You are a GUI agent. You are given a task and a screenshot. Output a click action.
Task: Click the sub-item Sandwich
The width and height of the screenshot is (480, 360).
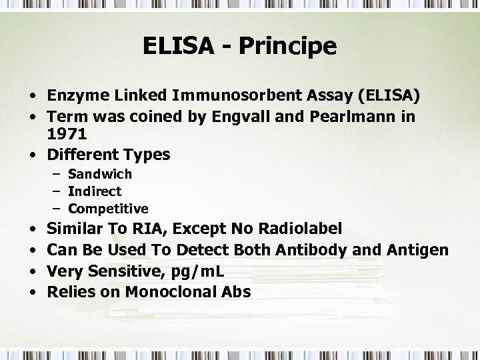coord(100,174)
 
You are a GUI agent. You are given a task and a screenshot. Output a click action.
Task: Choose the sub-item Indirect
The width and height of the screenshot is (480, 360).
coord(95,191)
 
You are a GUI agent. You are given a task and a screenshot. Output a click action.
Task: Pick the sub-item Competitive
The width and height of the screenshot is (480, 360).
coord(108,209)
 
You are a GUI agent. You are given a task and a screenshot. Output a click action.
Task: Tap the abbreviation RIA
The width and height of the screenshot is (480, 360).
coord(152,229)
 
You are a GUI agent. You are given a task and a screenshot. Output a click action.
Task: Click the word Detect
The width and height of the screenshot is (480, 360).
coord(199,250)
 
